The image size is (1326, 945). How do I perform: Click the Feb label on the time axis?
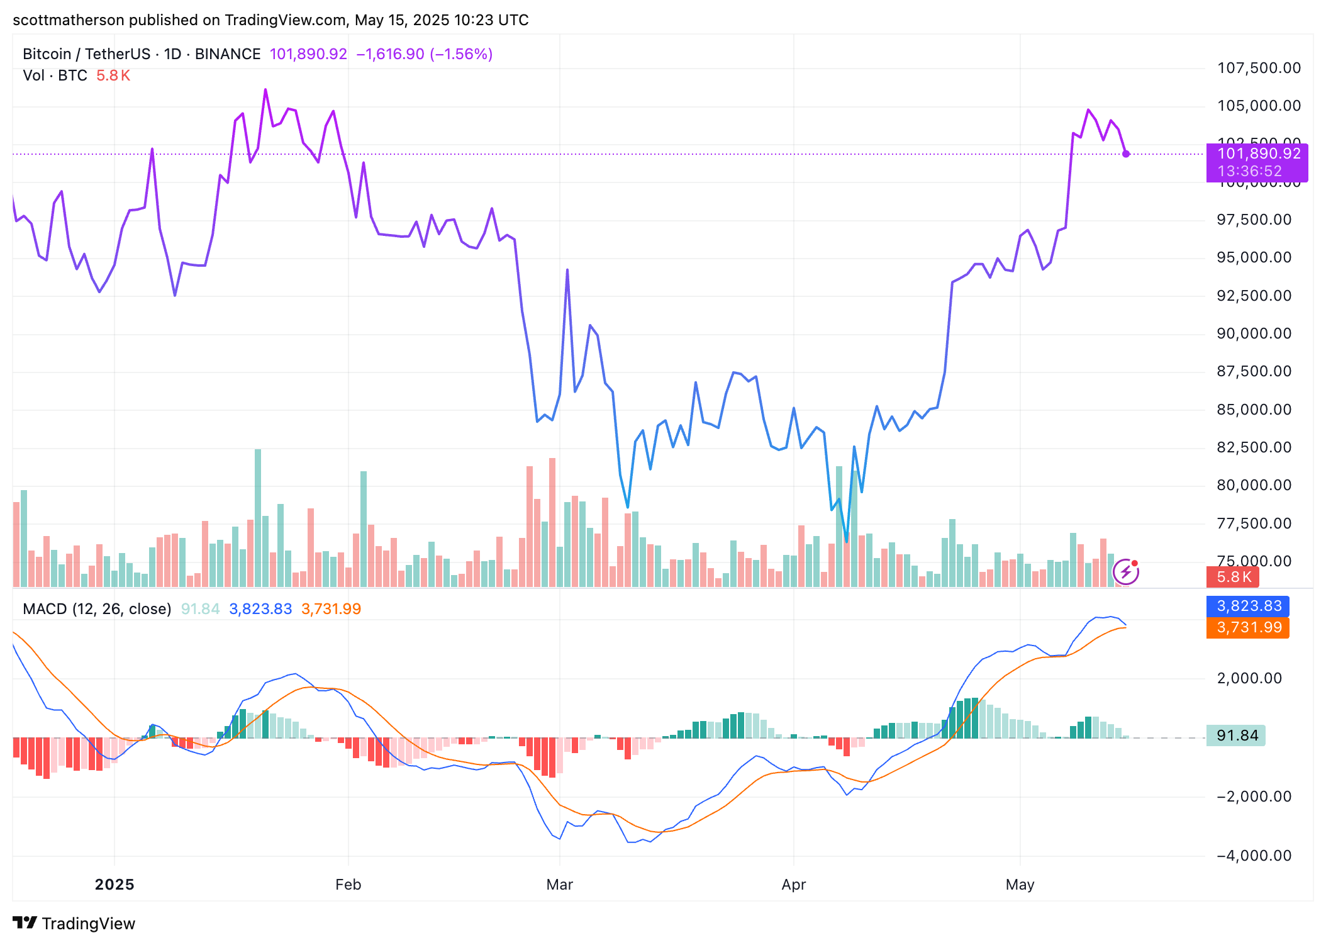tap(348, 885)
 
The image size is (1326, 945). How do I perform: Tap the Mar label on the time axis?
tap(559, 885)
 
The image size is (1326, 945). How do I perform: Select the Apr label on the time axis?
tap(793, 885)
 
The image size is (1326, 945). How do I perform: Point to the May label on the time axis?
tap(1020, 885)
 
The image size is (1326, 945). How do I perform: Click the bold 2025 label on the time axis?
tap(114, 885)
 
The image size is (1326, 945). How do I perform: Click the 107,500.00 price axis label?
tap(1259, 68)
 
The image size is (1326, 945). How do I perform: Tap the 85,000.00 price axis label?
tap(1254, 410)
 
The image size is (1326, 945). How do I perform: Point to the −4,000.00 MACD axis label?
tap(1254, 856)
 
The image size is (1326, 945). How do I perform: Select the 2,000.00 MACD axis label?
tap(1249, 678)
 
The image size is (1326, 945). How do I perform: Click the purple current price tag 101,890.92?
tap(1257, 154)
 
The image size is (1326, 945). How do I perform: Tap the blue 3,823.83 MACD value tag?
tap(1249, 606)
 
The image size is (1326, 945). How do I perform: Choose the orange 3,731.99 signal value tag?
tap(1249, 627)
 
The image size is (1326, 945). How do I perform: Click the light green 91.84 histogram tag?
tap(1237, 735)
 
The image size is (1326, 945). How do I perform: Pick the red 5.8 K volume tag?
tap(1234, 577)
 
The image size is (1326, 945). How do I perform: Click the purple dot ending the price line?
tap(1126, 154)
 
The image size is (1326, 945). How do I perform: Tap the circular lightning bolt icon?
tap(1125, 572)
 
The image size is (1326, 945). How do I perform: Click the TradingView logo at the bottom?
tap(74, 923)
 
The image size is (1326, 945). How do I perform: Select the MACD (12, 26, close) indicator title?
tap(97, 609)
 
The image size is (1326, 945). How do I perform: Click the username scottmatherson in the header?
tap(69, 20)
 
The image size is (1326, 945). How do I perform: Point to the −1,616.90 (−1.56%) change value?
tap(425, 54)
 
